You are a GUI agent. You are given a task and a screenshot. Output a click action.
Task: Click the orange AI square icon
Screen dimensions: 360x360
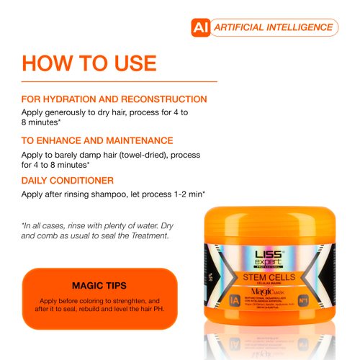(199, 27)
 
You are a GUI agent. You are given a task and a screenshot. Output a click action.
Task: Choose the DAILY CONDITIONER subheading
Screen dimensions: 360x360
(68, 180)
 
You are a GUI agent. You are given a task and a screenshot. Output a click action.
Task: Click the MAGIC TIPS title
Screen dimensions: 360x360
(99, 285)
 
